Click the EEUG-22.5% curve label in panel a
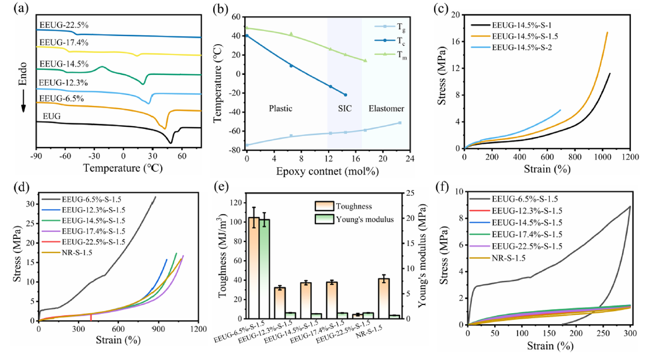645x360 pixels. coord(60,24)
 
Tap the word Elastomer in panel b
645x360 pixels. coord(386,109)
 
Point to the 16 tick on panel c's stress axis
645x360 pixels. coord(456,42)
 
